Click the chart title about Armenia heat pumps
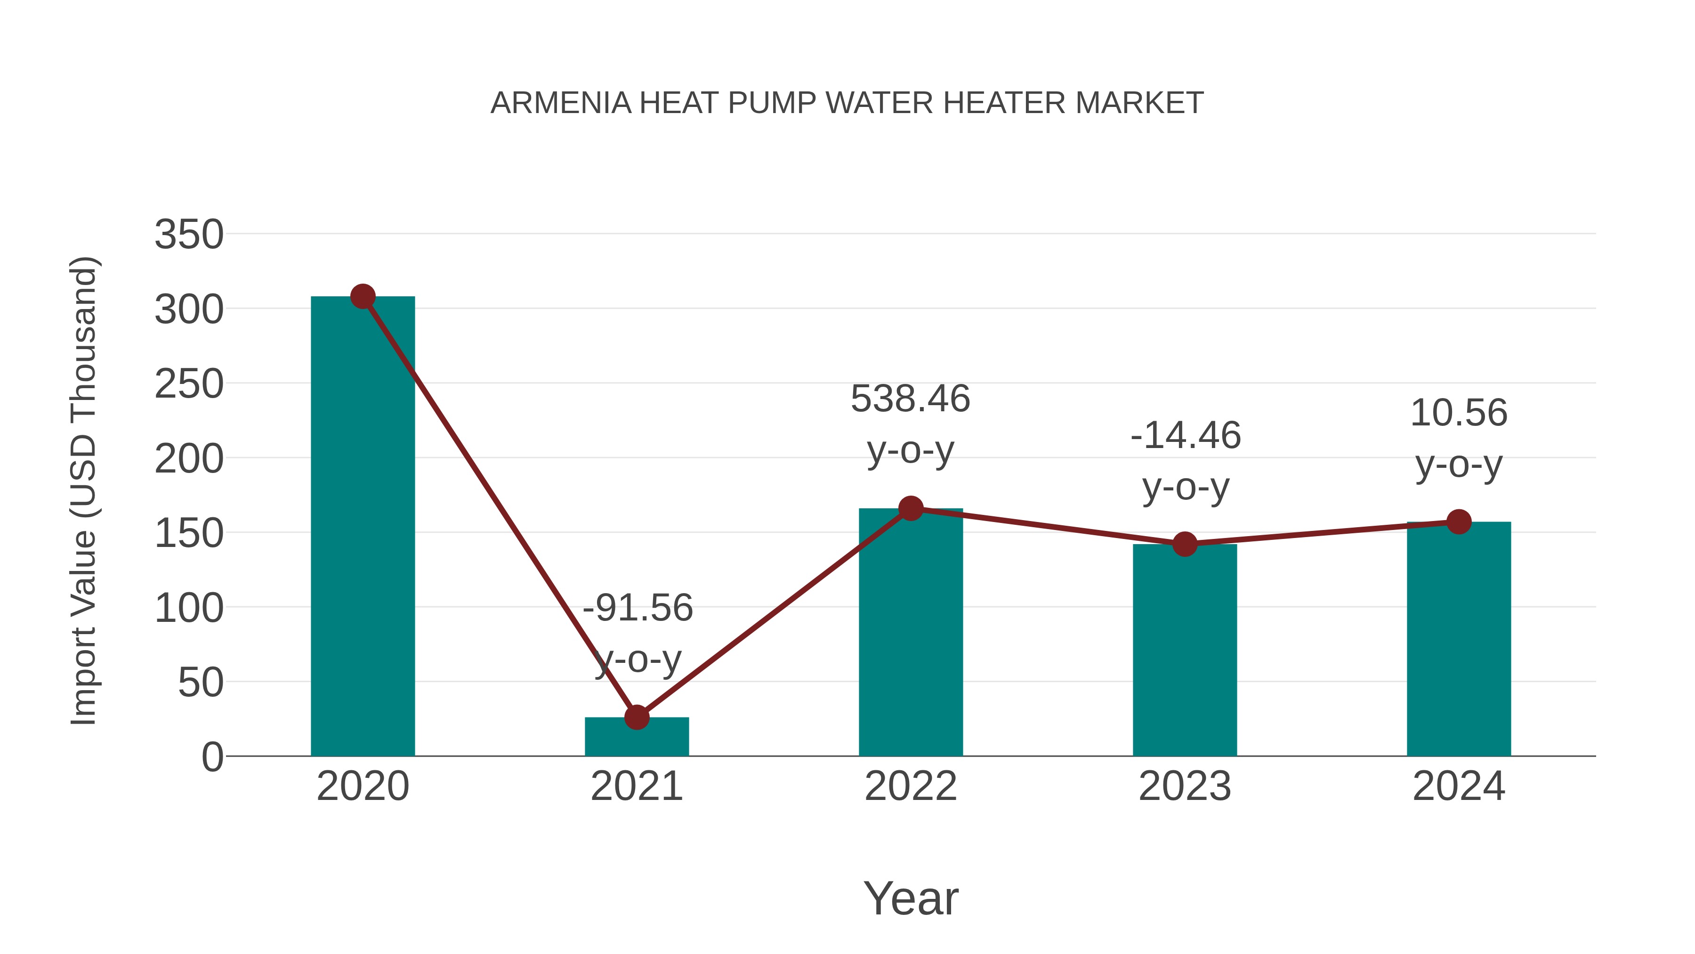(x=847, y=103)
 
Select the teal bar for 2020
(x=363, y=527)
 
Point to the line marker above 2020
(x=363, y=296)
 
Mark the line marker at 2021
(x=636, y=717)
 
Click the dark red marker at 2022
(x=910, y=508)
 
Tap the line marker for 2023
(x=1185, y=544)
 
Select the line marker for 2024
(x=1458, y=522)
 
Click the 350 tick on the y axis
(x=189, y=235)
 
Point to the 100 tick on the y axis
(x=189, y=608)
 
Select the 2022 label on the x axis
(x=910, y=786)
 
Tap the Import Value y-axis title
(x=84, y=490)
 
